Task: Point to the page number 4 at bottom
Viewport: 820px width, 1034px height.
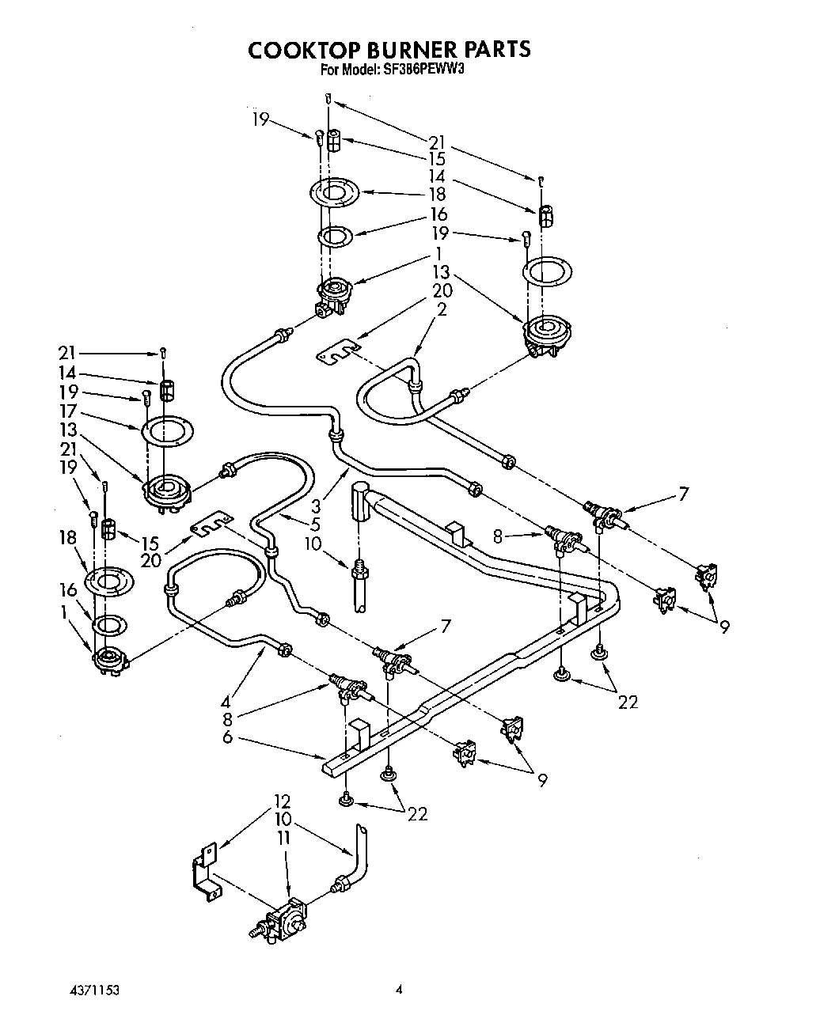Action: coord(401,990)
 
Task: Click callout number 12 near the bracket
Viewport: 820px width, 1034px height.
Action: coord(283,801)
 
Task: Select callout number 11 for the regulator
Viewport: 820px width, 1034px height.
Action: coord(283,836)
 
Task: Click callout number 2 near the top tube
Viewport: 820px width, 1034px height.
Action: coord(442,309)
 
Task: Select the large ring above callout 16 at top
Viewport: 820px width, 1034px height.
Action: coord(333,192)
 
